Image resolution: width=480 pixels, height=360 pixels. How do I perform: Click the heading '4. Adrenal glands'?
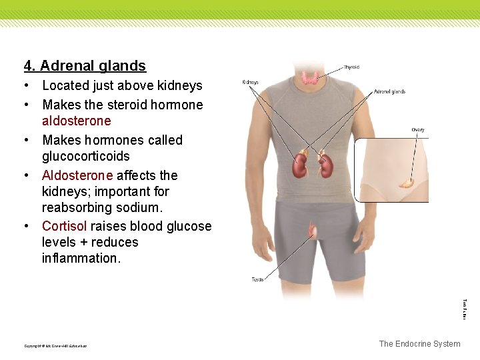pyautogui.click(x=85, y=66)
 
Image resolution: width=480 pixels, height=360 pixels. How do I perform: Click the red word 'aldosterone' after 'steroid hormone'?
pyautogui.click(x=76, y=121)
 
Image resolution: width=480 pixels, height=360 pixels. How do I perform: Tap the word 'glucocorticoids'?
pyautogui.click(x=85, y=157)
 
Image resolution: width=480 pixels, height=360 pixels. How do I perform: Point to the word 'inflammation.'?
pyautogui.click(x=81, y=259)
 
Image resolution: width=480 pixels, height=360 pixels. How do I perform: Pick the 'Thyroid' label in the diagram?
pyautogui.click(x=351, y=67)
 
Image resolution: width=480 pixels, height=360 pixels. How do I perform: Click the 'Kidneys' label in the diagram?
pyautogui.click(x=250, y=83)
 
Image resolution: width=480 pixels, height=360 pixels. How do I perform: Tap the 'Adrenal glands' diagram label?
pyautogui.click(x=389, y=92)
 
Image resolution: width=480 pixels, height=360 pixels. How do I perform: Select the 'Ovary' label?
pyautogui.click(x=417, y=130)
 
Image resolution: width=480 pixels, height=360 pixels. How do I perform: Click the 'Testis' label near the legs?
pyautogui.click(x=257, y=279)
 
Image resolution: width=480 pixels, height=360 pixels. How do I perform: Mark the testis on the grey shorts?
pyautogui.click(x=312, y=232)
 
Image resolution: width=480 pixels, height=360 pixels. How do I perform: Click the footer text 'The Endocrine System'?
pyautogui.click(x=419, y=344)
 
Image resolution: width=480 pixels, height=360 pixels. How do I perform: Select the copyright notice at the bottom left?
pyautogui.click(x=55, y=346)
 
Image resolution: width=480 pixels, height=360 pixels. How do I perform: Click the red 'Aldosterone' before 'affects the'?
pyautogui.click(x=77, y=176)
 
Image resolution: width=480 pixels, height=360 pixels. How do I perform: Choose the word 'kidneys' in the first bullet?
pyautogui.click(x=179, y=86)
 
